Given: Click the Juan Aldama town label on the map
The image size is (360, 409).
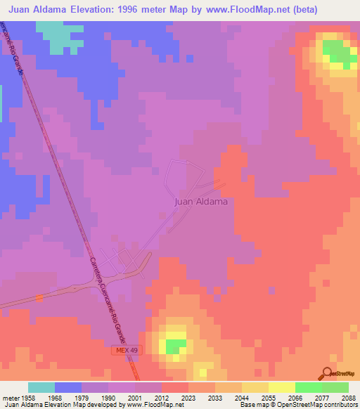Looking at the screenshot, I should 200,202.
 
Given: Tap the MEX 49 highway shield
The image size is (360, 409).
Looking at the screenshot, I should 124,349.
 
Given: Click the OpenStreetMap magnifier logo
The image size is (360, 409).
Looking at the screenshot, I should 328,373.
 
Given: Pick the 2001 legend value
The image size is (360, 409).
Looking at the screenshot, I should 134,397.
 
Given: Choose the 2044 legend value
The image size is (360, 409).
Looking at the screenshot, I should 241,397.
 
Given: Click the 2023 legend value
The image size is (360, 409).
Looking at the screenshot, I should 188,397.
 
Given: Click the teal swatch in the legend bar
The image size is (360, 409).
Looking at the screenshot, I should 41,387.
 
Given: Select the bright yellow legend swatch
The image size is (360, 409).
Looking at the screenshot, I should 281,387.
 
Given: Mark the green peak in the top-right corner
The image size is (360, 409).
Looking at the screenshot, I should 338,53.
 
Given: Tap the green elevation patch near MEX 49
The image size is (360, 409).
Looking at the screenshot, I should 176,345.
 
